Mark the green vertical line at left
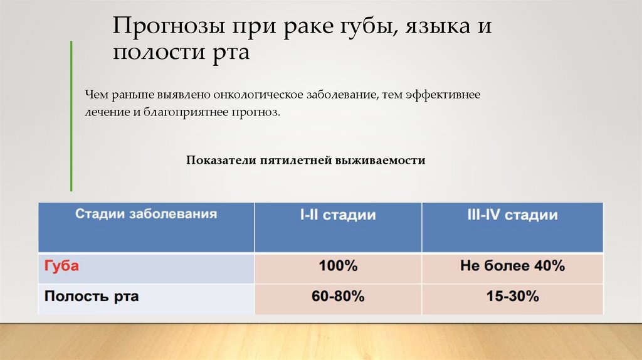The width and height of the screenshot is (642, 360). coord(71,116)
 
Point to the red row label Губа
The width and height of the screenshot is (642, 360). coord(61,266)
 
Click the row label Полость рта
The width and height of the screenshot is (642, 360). coord(92,296)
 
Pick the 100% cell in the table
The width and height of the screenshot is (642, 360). coord(338,266)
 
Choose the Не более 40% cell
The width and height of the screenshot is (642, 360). coord(512,266)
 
